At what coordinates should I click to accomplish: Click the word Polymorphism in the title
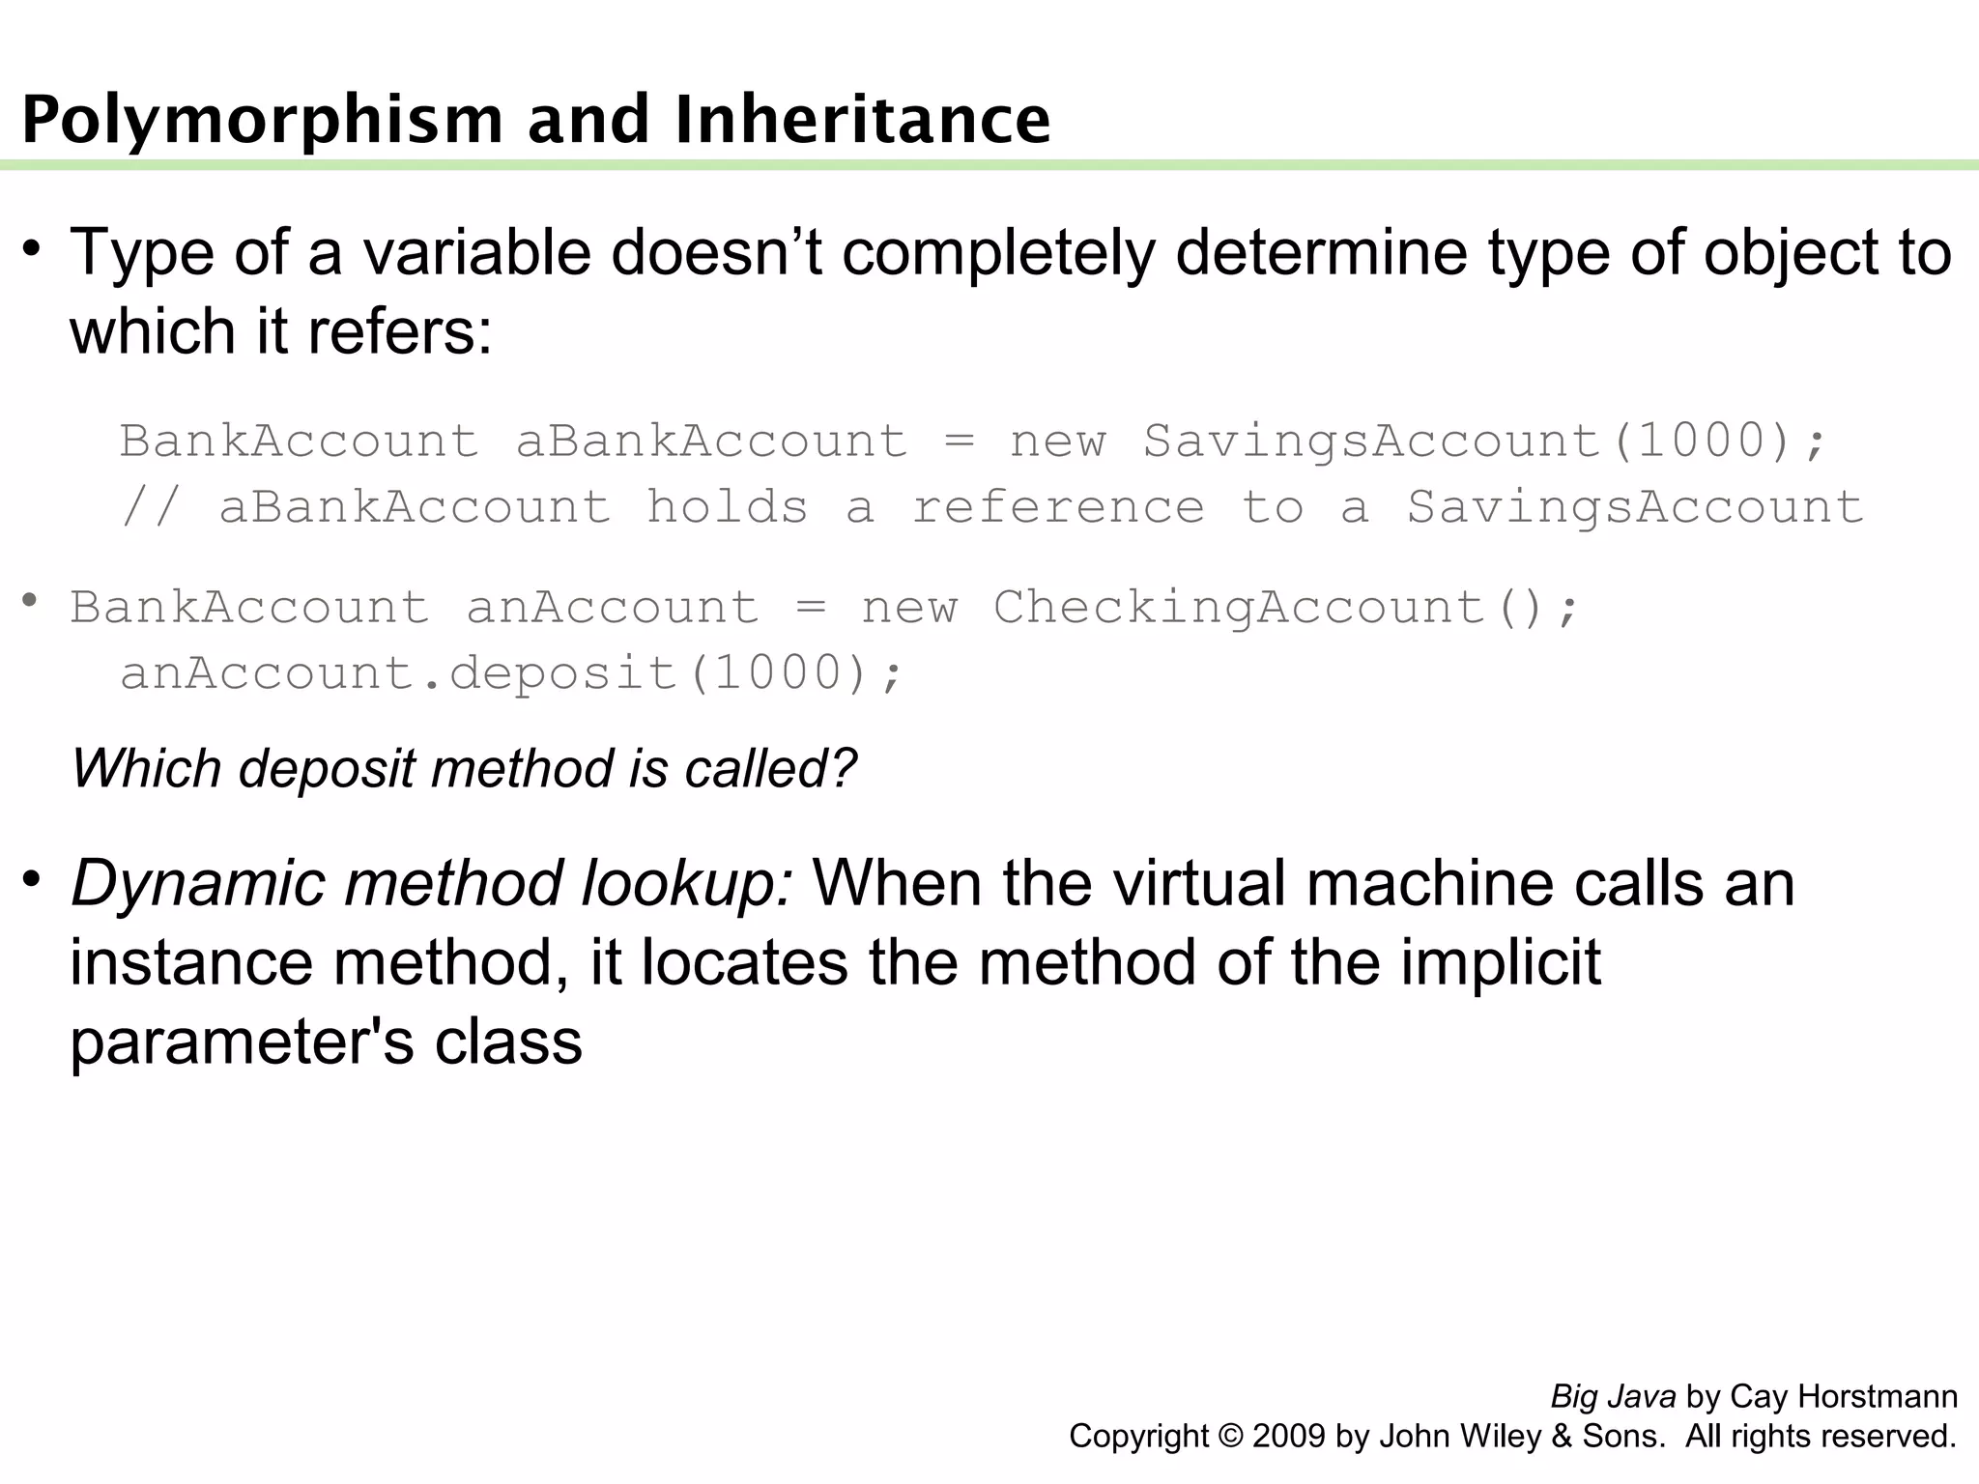[262, 122]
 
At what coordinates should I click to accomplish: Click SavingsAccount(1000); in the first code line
[1485, 442]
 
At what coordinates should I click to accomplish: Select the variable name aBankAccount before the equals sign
[712, 442]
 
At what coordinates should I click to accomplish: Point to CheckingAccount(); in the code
[1286, 608]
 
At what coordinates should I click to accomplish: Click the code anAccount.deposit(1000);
[512, 673]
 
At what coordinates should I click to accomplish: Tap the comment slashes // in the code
[151, 507]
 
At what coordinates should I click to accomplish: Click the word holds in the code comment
[727, 507]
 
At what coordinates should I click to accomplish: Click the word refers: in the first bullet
[400, 332]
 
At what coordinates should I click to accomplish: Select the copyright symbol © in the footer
[1230, 1437]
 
